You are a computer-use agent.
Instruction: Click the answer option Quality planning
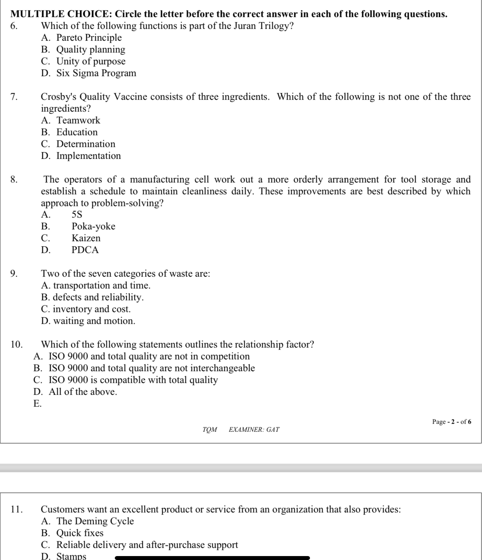click(x=91, y=49)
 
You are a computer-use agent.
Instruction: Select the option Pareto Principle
click(x=89, y=38)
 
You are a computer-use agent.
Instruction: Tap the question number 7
click(x=14, y=97)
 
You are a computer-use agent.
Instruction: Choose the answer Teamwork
click(x=78, y=120)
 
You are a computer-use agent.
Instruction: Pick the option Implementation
click(x=89, y=156)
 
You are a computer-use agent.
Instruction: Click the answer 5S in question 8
click(x=77, y=214)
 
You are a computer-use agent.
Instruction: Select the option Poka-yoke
click(x=93, y=226)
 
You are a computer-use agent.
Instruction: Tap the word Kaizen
click(x=86, y=238)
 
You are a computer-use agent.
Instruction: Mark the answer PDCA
click(x=85, y=250)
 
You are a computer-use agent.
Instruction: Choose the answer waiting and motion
click(x=94, y=321)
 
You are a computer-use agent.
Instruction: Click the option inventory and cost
click(x=92, y=309)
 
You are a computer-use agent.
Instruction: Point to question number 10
click(x=16, y=344)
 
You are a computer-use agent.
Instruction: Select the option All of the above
click(x=83, y=392)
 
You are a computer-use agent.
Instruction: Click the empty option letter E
click(x=37, y=404)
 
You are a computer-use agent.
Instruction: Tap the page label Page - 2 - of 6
click(x=451, y=421)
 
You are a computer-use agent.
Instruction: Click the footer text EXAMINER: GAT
click(x=254, y=429)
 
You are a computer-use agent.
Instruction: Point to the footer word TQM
click(x=210, y=429)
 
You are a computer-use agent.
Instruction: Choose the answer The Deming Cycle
click(x=95, y=521)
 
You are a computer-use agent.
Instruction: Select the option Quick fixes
click(x=80, y=533)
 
